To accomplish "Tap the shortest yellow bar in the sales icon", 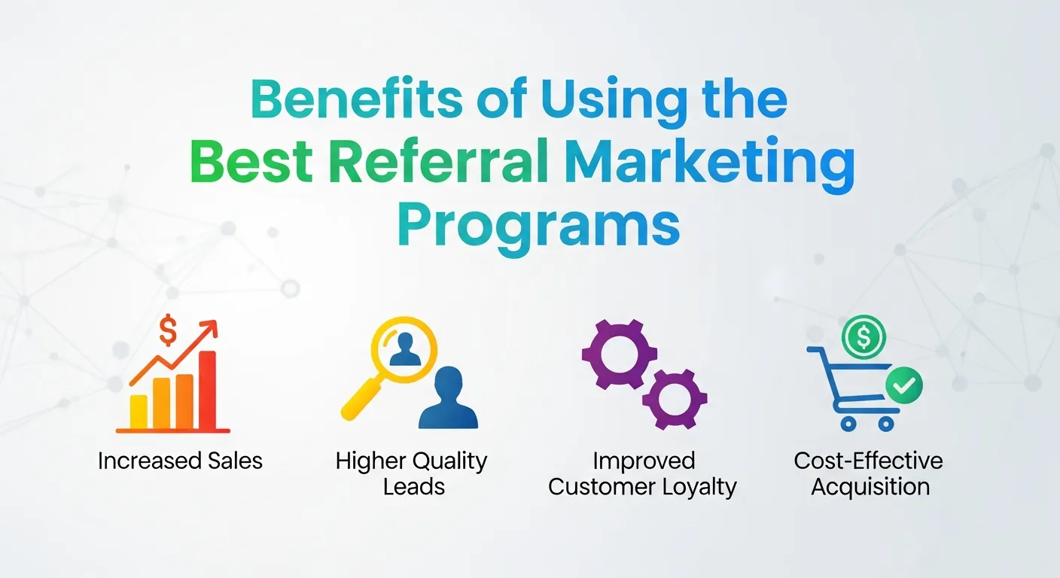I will (139, 410).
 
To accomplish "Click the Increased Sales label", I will (180, 461).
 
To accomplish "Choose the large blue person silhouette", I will (449, 399).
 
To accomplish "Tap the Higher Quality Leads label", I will (412, 473).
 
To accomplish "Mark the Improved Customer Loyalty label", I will (642, 473).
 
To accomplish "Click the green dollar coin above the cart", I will (864, 336).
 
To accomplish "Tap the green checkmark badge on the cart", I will (903, 387).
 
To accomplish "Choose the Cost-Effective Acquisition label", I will (869, 473).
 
